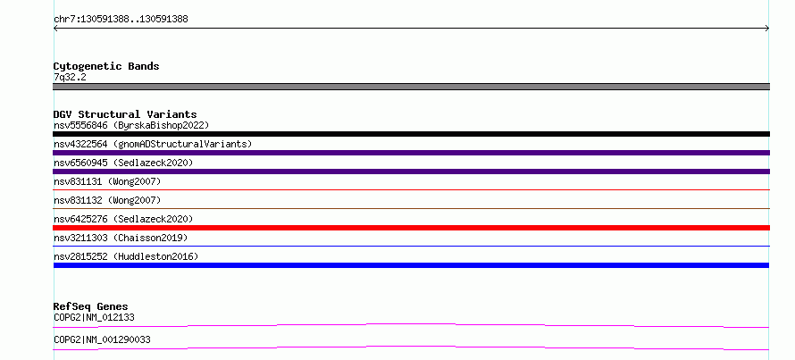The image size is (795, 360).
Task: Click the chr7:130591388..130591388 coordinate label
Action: point(121,20)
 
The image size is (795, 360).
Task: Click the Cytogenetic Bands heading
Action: point(106,66)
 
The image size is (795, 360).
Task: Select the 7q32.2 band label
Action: point(70,77)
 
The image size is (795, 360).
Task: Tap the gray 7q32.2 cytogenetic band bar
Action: point(411,87)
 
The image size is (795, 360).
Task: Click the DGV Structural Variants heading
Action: point(125,114)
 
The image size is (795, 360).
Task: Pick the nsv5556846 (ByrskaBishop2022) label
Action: point(131,125)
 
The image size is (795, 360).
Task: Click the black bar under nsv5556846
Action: point(411,134)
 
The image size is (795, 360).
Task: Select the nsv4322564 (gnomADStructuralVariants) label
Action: point(153,144)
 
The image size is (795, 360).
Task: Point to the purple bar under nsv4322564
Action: point(411,153)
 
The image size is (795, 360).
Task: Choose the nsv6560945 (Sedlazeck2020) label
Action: point(123,163)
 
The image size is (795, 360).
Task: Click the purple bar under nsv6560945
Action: point(411,172)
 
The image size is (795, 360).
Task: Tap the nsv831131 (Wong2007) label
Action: point(107,181)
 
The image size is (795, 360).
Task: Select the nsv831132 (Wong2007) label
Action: point(107,200)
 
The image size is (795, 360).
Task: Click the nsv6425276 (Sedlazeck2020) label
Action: point(123,219)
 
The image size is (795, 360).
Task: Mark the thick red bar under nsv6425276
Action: point(411,228)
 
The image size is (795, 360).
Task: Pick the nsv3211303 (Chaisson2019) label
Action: point(121,238)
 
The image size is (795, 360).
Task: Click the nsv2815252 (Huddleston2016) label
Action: point(126,256)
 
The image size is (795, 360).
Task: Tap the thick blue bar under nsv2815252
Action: point(411,265)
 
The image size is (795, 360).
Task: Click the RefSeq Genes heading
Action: point(91,306)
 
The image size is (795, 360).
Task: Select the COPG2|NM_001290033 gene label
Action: point(102,339)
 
